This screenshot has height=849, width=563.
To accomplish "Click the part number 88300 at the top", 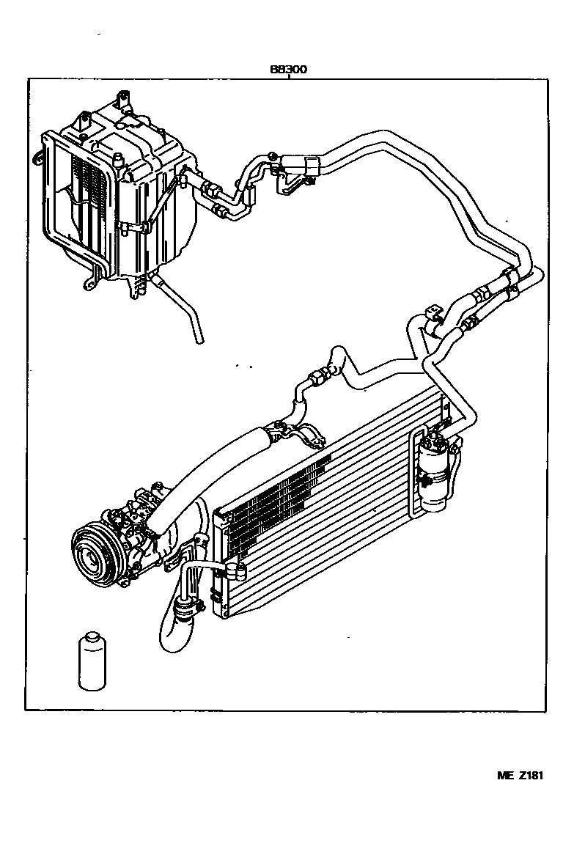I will (288, 70).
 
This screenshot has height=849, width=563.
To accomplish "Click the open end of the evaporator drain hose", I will (198, 339).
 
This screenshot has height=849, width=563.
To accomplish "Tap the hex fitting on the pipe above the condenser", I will (319, 377).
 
